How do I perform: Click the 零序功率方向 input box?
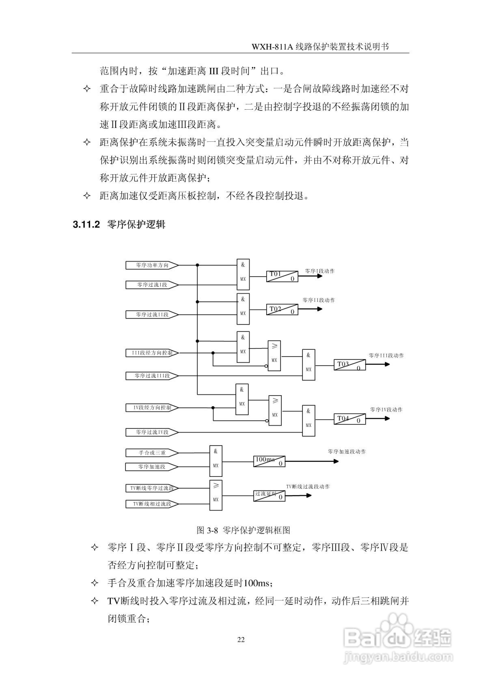click(152, 265)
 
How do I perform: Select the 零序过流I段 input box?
click(152, 285)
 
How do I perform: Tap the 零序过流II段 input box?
click(152, 315)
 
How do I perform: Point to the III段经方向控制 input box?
click(152, 353)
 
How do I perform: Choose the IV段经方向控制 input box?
click(152, 408)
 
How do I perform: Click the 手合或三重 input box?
click(152, 453)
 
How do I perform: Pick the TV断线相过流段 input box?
click(152, 504)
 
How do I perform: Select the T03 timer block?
click(350, 365)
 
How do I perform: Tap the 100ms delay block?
click(269, 461)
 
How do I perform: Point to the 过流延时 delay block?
click(269, 496)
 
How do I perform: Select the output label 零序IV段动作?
click(386, 410)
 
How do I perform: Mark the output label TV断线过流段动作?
click(308, 487)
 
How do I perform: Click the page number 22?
click(241, 639)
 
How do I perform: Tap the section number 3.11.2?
click(86, 224)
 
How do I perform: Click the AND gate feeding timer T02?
click(243, 309)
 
